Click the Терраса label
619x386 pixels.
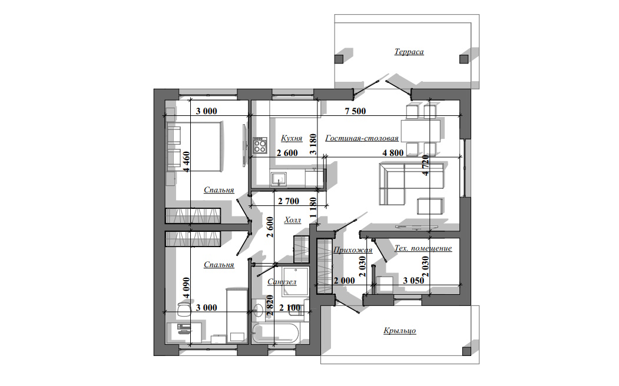[x=409, y=52]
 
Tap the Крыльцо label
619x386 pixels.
[x=399, y=331]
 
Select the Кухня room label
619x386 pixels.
[x=292, y=138]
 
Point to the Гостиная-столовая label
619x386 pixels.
[x=362, y=138]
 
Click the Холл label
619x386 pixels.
[x=293, y=220]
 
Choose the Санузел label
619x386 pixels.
[x=282, y=282]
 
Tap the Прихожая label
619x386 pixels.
[x=353, y=250]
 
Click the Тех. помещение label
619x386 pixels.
[x=423, y=248]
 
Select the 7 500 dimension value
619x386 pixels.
[x=355, y=111]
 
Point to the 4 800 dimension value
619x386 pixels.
[x=393, y=153]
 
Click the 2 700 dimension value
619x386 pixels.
[x=289, y=201]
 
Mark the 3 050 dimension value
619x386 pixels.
[x=413, y=281]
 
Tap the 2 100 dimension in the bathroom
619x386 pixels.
[x=290, y=308]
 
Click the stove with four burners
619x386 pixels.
[x=260, y=145]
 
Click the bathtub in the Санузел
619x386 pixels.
[x=276, y=334]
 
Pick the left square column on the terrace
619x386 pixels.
[x=339, y=59]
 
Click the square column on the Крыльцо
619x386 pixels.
[x=466, y=351]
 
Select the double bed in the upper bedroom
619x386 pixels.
[x=194, y=147]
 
